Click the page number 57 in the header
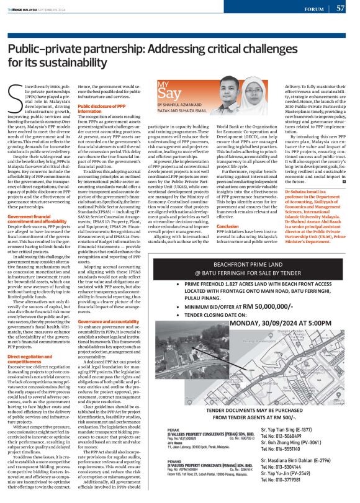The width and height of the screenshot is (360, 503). [340, 8]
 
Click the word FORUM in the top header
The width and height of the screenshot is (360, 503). [314, 9]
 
